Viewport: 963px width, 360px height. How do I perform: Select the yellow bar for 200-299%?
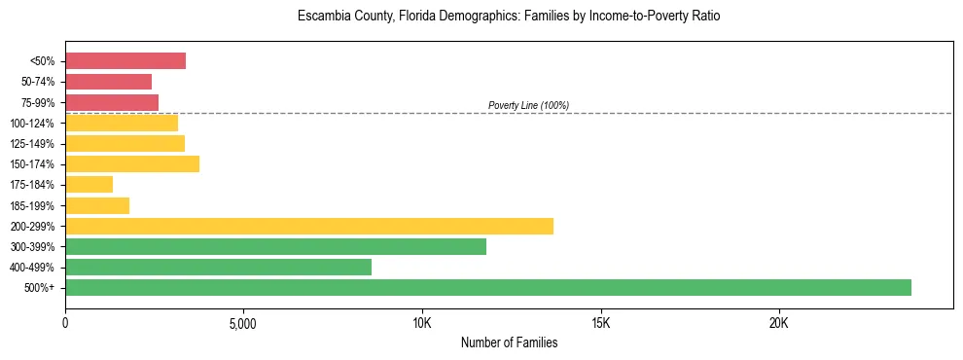[x=309, y=226]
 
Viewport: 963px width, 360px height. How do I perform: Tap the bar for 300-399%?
[x=275, y=246]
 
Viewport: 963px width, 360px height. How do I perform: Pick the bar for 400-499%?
[x=218, y=267]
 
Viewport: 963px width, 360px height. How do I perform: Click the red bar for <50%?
[x=125, y=61]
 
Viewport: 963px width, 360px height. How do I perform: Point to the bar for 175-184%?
[x=89, y=185]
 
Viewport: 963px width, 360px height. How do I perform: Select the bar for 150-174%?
[x=132, y=163]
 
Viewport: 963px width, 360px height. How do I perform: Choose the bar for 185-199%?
[x=97, y=205]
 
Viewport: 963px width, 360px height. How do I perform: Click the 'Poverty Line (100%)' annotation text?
[x=528, y=105]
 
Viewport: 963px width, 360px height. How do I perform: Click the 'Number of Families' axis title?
[x=509, y=342]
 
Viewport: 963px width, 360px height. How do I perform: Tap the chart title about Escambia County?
[x=509, y=17]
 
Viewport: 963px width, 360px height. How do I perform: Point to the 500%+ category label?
[x=41, y=288]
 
